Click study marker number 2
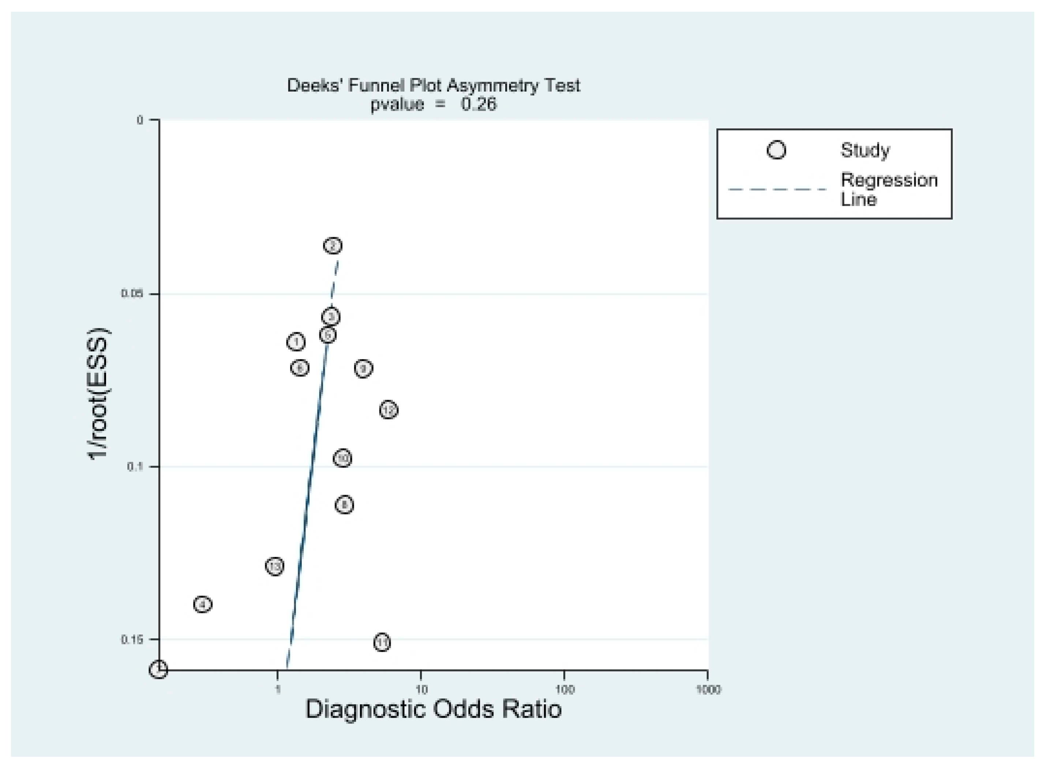tap(333, 245)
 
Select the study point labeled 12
tap(389, 410)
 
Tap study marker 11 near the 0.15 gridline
tap(382, 643)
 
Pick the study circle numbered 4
tap(203, 605)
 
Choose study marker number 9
tap(364, 368)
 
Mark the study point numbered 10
tap(342, 458)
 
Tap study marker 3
tap(331, 317)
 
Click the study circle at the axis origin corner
tap(158, 670)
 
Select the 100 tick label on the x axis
tap(564, 689)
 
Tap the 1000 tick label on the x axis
tap(708, 689)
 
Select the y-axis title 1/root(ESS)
tap(98, 394)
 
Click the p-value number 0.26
tap(479, 104)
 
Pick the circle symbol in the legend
tap(776, 150)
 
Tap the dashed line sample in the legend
tap(777, 190)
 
